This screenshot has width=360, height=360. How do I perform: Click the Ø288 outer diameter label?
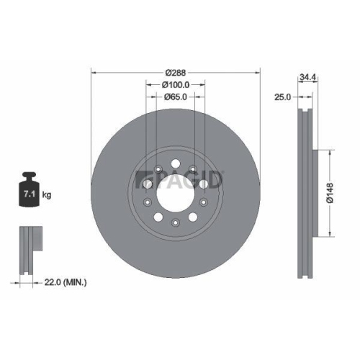[x=176, y=72]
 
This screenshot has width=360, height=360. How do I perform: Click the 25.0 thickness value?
[x=282, y=96]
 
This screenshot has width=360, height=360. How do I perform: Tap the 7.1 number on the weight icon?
[x=30, y=194]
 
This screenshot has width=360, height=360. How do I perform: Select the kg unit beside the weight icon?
[x=47, y=195]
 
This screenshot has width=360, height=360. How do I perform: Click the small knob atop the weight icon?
[x=30, y=175]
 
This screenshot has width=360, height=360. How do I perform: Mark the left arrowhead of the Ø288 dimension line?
[x=94, y=72]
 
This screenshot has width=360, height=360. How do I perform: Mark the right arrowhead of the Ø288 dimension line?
[x=259, y=72]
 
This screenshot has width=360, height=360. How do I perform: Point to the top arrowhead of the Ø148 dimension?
[x=330, y=153]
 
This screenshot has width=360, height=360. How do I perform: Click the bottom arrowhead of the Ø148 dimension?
[x=330, y=235]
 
